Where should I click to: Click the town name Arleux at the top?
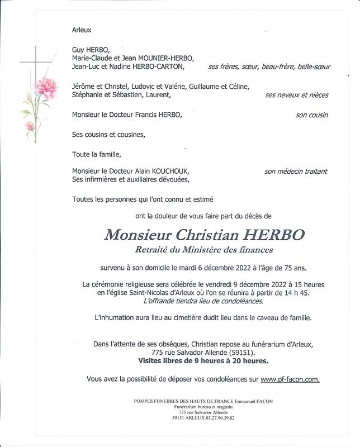coord(82,30)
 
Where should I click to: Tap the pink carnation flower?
coord(46,88)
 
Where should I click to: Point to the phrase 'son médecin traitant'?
coord(296,171)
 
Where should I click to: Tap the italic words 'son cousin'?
coord(311,115)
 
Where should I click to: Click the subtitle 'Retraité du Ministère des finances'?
coord(203,250)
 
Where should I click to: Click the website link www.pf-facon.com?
coord(290,379)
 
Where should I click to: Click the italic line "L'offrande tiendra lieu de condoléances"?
coord(203,301)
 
